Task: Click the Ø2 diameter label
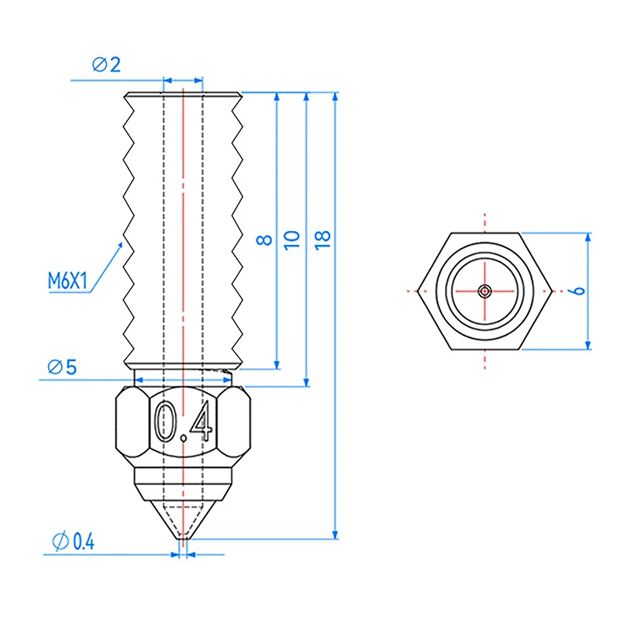pyautogui.click(x=106, y=64)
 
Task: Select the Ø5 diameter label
pyautogui.click(x=62, y=367)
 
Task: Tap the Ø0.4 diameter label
pyautogui.click(x=73, y=541)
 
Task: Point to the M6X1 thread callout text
pyautogui.click(x=67, y=281)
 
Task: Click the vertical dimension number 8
pyautogui.click(x=264, y=239)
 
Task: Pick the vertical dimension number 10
pyautogui.click(x=292, y=239)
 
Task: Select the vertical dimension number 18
pyautogui.click(x=322, y=239)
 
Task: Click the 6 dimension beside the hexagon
pyautogui.click(x=578, y=291)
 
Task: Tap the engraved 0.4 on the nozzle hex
pyautogui.click(x=184, y=421)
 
